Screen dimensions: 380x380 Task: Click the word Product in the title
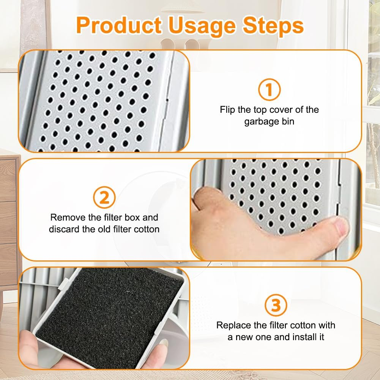121,26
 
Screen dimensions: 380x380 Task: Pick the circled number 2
104,198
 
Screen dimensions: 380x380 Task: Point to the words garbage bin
270,122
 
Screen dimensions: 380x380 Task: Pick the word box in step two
134,218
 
